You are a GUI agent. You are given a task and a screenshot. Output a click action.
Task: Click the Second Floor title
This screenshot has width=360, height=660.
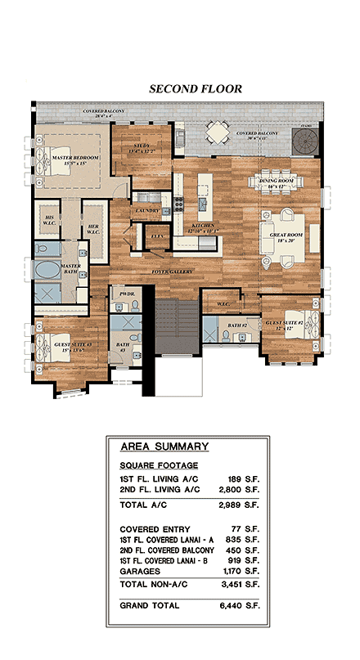[x=195, y=88]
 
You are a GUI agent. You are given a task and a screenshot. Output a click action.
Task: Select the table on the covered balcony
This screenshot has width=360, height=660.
[x=218, y=131]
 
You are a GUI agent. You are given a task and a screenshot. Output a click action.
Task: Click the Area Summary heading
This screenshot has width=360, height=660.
[x=164, y=447]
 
